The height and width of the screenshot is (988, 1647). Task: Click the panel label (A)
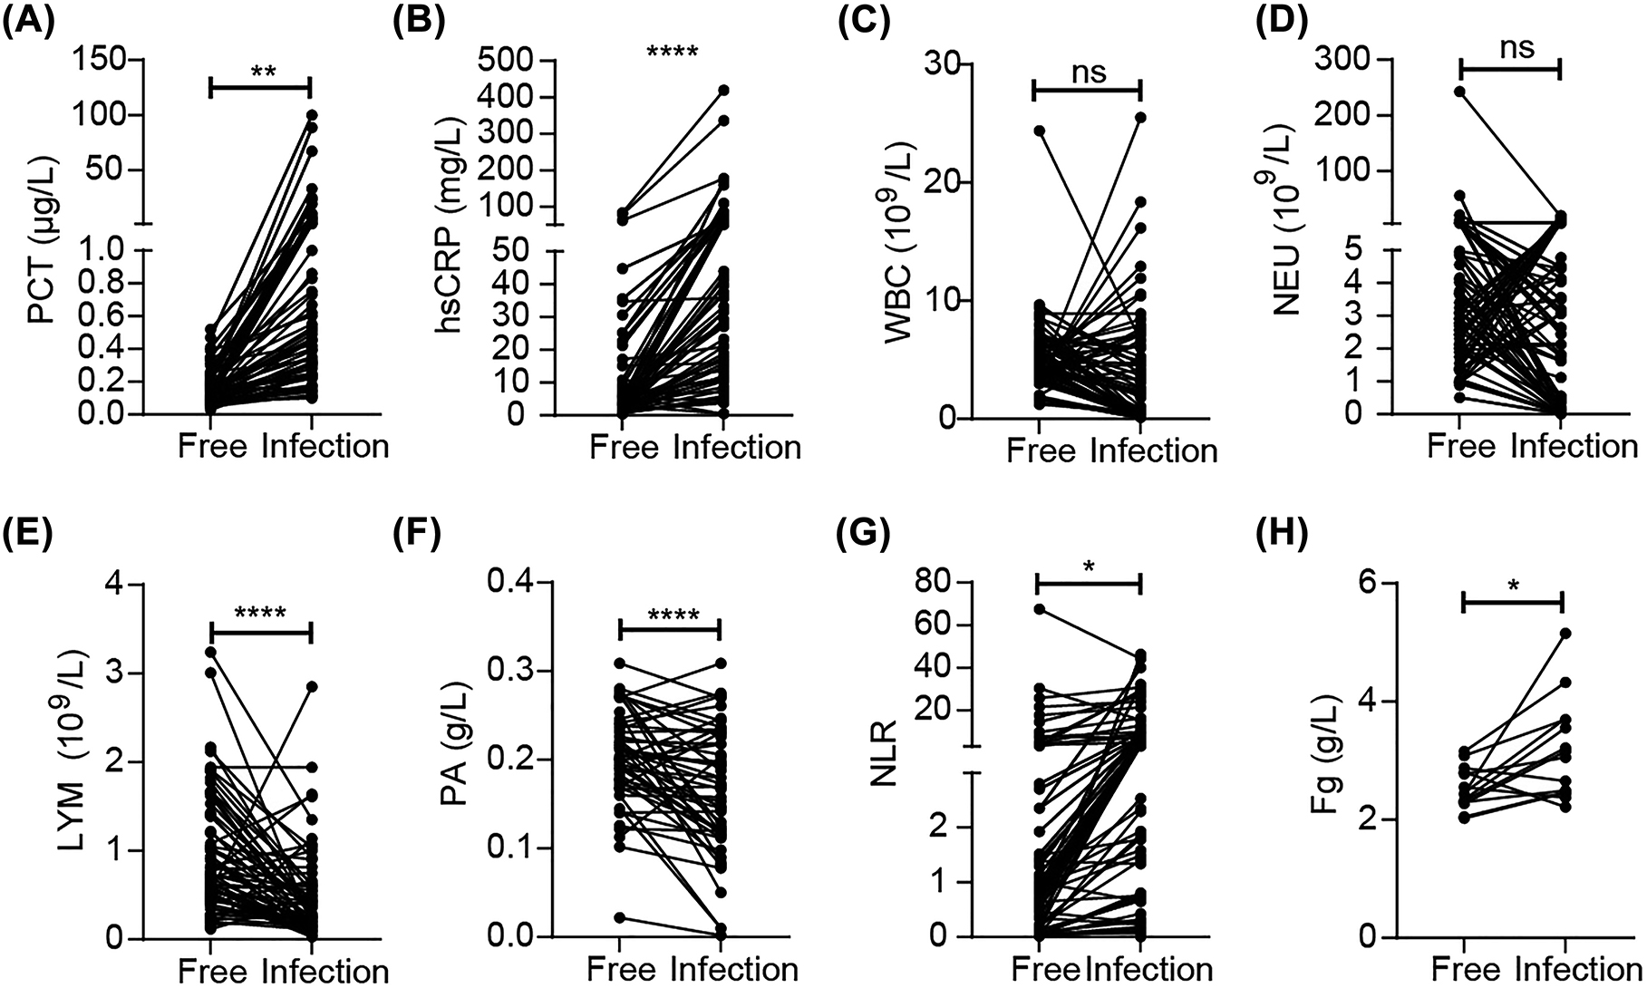tap(31, 20)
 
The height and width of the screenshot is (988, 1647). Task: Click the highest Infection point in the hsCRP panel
tap(723, 91)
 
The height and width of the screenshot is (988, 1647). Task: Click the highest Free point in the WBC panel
tap(1038, 131)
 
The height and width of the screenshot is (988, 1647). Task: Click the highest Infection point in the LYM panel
tap(312, 687)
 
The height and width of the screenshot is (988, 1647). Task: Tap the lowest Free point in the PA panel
tap(619, 918)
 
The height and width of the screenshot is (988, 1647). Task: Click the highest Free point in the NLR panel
tap(1038, 609)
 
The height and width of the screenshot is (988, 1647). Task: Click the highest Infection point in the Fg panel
tap(1565, 634)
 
